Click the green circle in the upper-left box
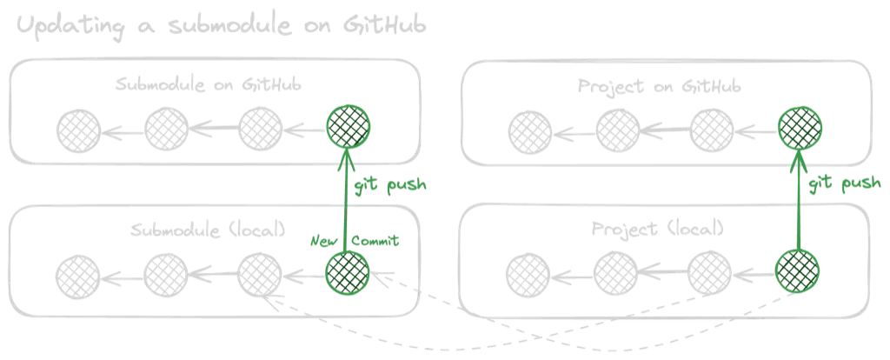tap(348, 129)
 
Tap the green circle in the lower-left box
tap(348, 273)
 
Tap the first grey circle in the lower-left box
tap(79, 273)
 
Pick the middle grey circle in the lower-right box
tap(619, 271)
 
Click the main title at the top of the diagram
tap(222, 26)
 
